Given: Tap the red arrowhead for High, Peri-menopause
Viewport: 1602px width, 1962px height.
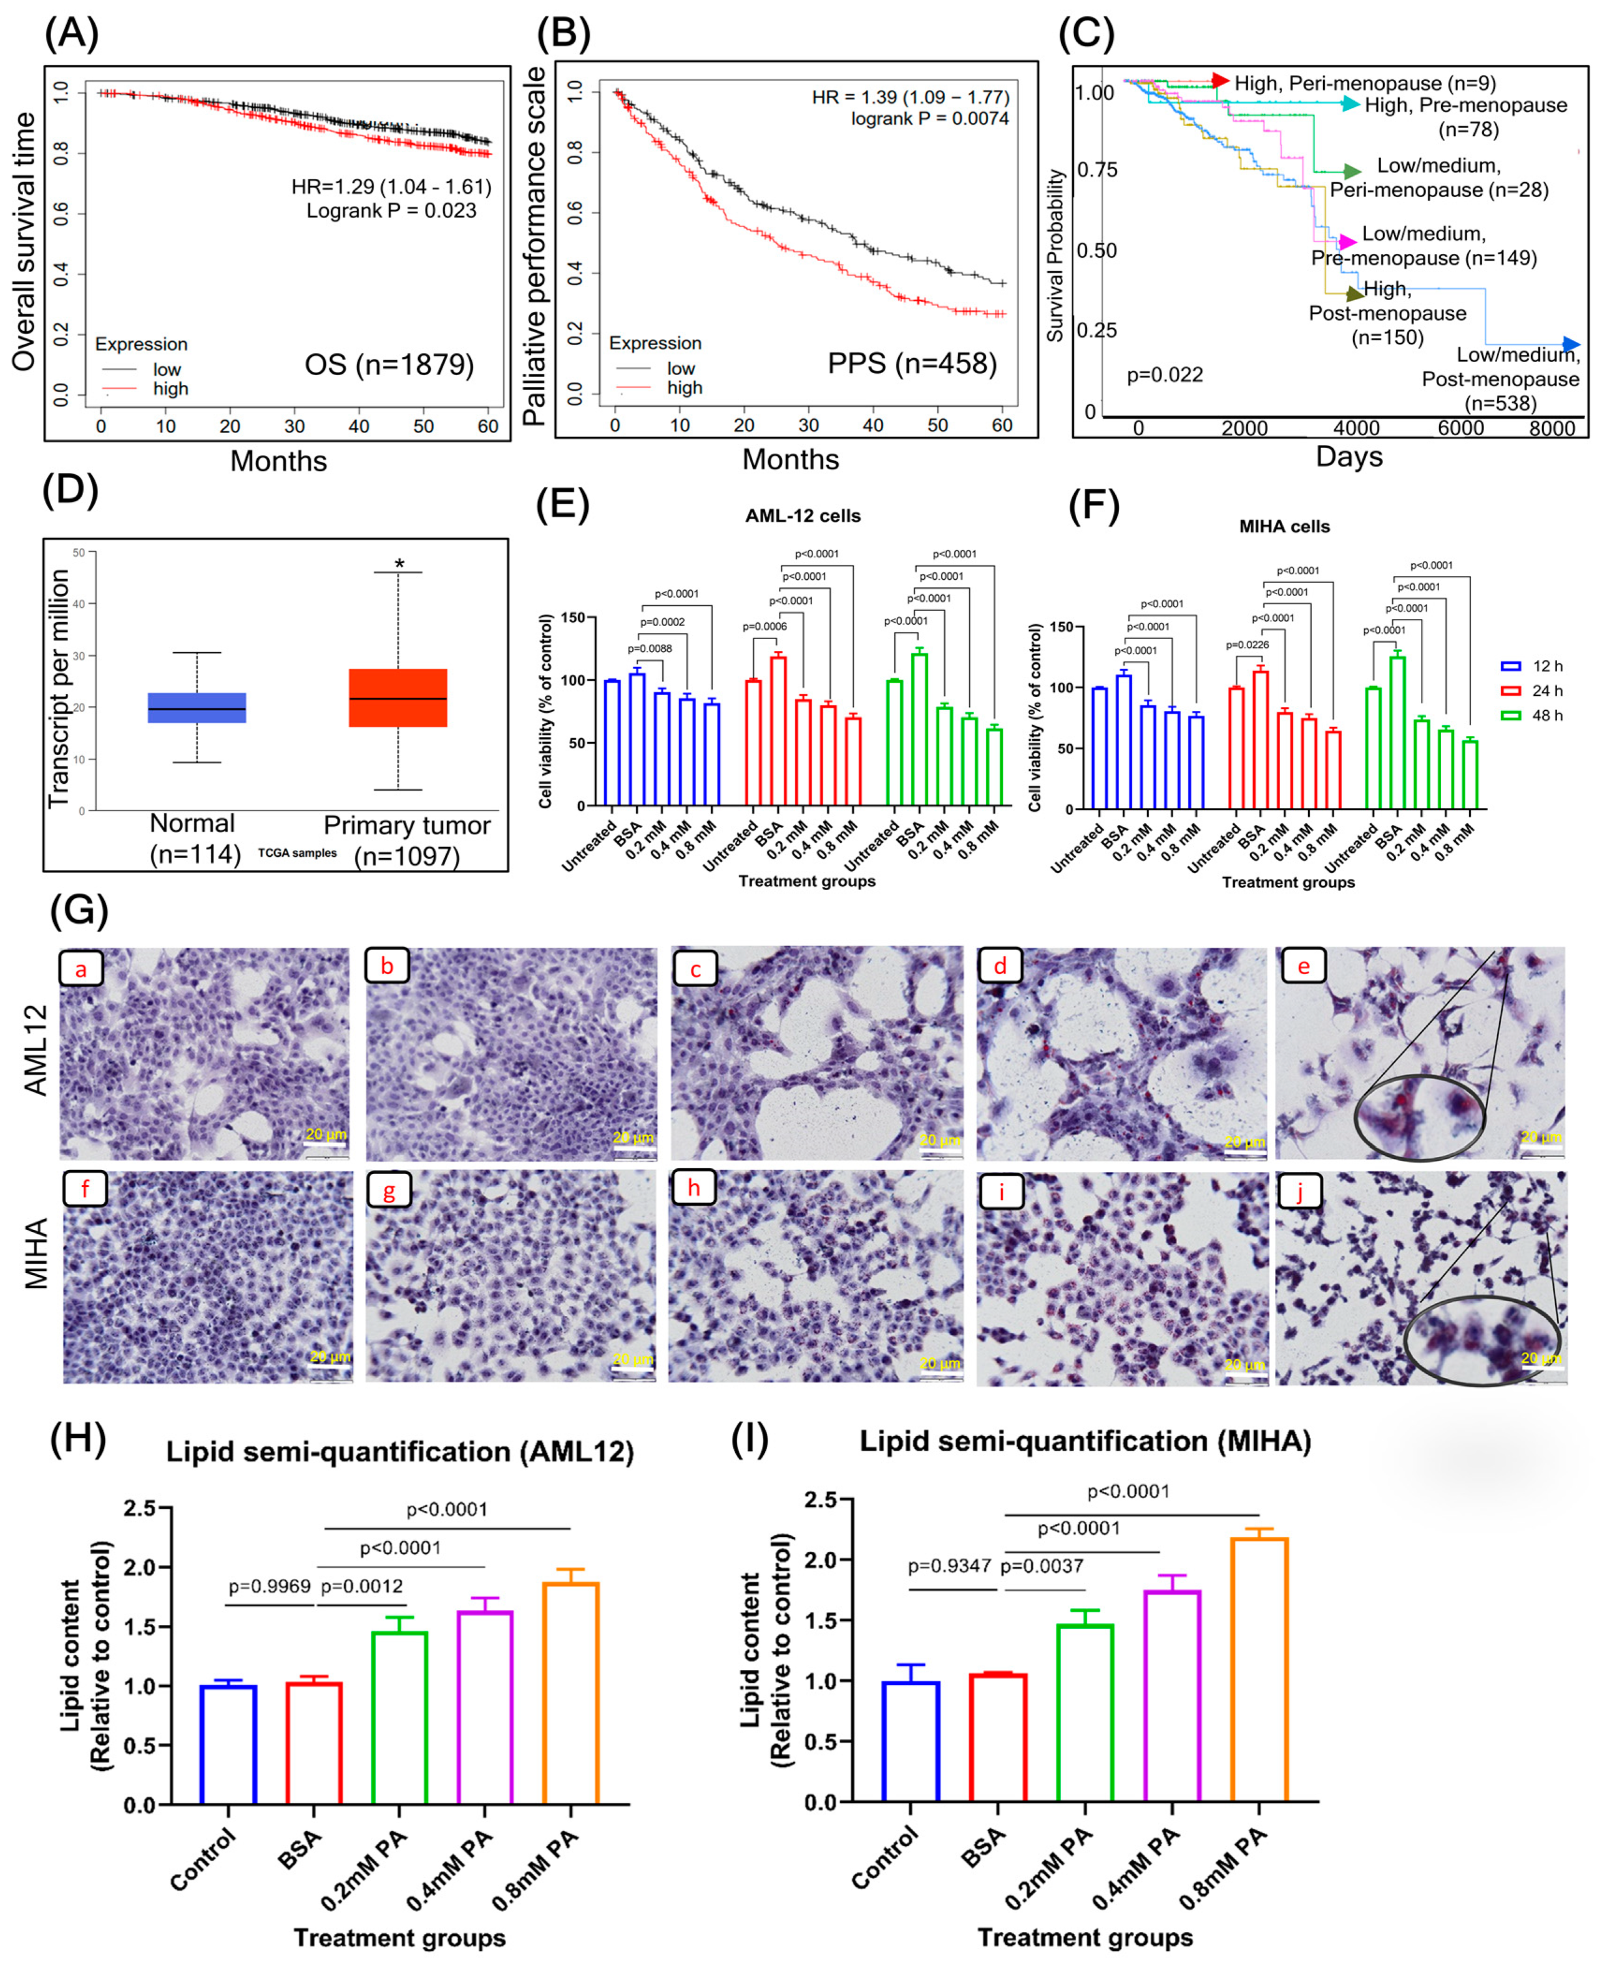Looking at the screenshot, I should click(1220, 81).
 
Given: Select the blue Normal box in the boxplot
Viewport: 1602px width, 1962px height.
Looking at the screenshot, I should click(197, 708).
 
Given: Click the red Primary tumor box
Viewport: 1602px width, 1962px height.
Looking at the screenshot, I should click(398, 698).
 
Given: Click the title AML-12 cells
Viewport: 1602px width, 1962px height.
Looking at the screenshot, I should click(802, 516).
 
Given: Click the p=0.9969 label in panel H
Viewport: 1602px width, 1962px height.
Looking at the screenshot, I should click(270, 1586).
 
